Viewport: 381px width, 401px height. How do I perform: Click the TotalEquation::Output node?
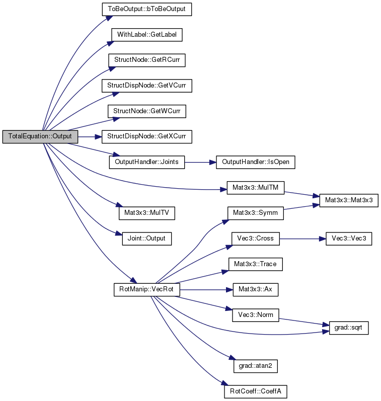pos(40,136)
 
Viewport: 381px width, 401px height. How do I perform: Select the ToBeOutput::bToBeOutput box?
pos(146,9)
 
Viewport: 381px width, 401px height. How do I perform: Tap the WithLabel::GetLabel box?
pos(146,35)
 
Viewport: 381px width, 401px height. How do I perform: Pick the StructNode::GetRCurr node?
pos(146,60)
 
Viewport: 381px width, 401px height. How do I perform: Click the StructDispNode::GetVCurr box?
pos(146,86)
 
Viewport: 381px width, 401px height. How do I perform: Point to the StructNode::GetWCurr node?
pos(146,111)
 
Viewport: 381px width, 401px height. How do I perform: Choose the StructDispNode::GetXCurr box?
pos(146,136)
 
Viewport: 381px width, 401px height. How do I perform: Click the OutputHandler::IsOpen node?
pos(255,162)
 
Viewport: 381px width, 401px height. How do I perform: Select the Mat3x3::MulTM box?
pos(255,188)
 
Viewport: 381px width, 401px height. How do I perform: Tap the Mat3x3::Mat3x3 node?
pos(349,200)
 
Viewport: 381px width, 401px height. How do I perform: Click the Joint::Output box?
pos(146,238)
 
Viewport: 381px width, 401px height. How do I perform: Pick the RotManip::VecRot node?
pos(146,290)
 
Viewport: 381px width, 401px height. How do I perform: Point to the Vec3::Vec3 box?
pos(349,238)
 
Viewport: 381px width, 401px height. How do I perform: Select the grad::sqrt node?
pos(349,328)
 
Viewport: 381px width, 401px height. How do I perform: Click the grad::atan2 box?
pos(255,366)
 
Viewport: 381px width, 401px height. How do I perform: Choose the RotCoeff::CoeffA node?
pos(255,391)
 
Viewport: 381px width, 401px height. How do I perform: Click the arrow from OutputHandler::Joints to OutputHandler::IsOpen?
pos(200,162)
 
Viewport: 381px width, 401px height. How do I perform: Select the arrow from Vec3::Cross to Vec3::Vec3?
pos(302,239)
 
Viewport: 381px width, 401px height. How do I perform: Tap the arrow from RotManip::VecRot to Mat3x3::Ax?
pos(206,290)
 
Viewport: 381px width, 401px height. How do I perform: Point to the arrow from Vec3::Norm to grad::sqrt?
pos(304,322)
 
